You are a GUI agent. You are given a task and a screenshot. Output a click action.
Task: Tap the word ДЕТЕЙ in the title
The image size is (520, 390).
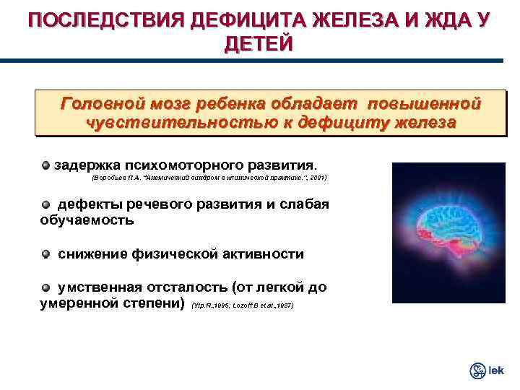(x=259, y=45)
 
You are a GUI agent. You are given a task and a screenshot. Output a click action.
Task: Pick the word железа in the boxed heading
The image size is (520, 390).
(x=425, y=122)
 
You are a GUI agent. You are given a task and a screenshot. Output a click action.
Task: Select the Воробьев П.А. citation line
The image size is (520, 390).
(x=209, y=177)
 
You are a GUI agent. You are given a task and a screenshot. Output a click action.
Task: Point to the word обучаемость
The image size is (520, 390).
(x=87, y=220)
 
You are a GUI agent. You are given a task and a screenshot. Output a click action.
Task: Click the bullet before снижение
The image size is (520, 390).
(x=46, y=254)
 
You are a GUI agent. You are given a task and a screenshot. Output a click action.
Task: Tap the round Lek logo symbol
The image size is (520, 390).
(x=477, y=370)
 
